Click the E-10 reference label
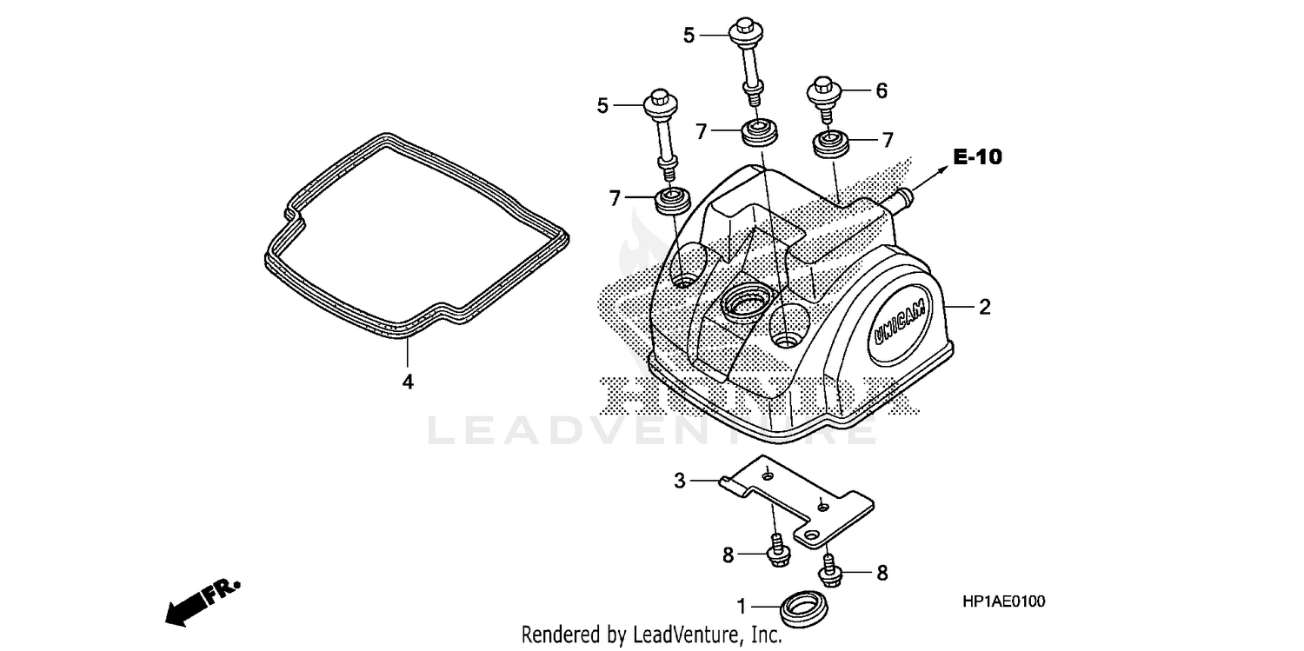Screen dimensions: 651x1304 point(977,157)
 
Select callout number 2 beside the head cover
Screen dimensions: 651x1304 point(984,307)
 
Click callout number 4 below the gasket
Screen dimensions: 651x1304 point(407,381)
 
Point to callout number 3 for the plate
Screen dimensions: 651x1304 point(681,479)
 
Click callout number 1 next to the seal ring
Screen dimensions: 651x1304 point(742,605)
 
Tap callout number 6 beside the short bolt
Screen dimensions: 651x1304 point(881,90)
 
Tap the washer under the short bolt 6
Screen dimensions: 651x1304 point(829,143)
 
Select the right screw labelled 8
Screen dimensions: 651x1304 point(828,570)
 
